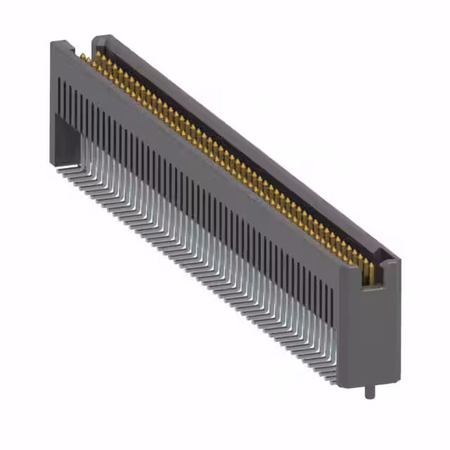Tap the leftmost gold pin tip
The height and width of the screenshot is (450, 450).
[x=82, y=56]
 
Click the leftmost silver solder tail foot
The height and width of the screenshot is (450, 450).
[x=63, y=168]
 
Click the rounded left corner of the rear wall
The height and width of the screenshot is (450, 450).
[x=98, y=39]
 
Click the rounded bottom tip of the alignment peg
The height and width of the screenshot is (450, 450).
[x=367, y=397]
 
